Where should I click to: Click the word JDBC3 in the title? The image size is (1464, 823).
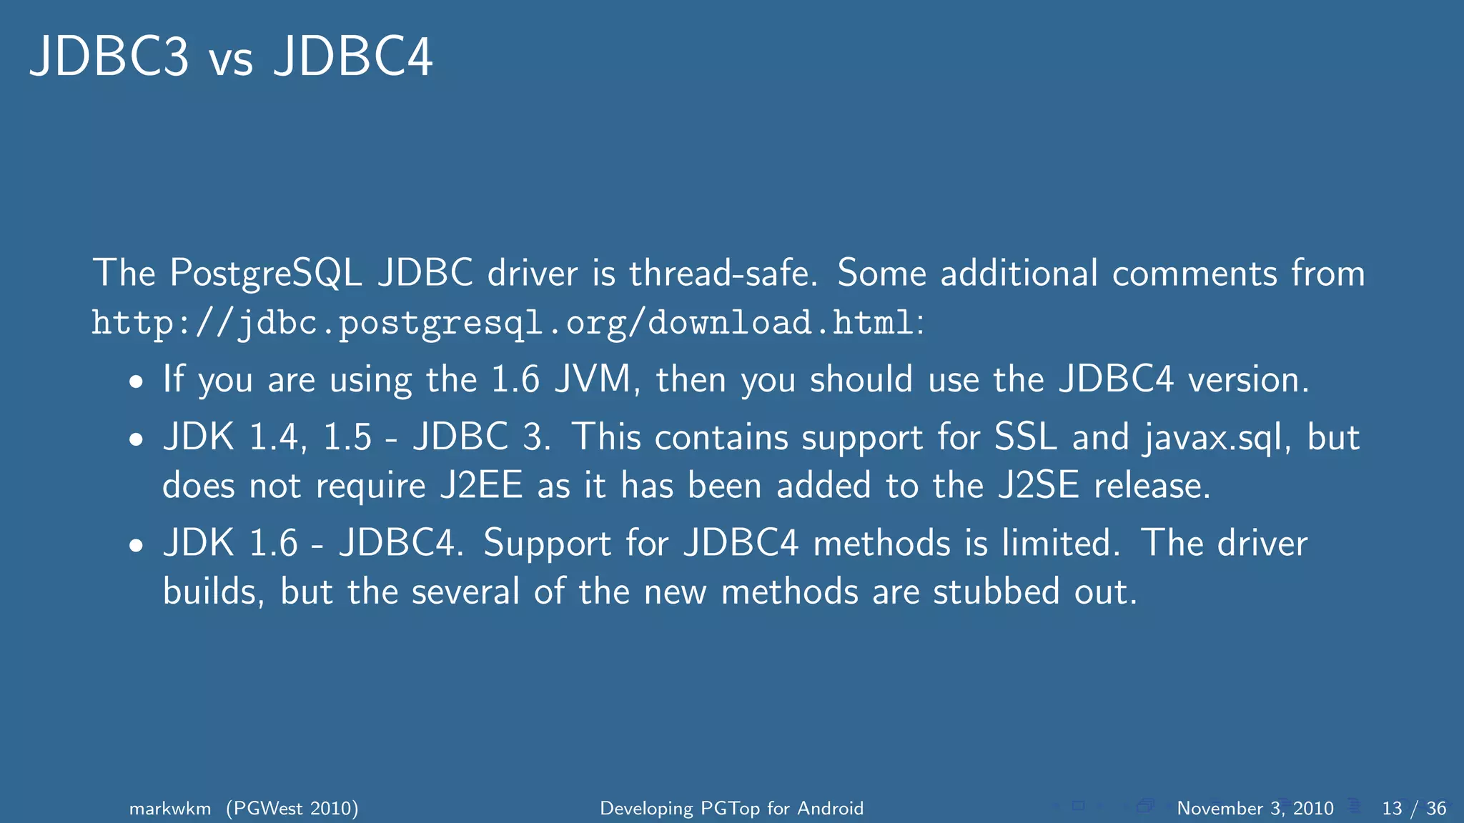click(109, 56)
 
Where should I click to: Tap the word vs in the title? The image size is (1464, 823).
click(231, 60)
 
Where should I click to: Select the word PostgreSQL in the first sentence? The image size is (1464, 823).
click(265, 274)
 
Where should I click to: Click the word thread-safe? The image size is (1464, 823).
click(723, 274)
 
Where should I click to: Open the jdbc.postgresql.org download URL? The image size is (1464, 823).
click(503, 323)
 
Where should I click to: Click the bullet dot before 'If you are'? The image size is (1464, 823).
click(137, 382)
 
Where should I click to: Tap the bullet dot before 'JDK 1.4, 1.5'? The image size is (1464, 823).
click(137, 440)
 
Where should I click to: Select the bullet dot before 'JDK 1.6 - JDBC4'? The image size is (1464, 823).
click(137, 547)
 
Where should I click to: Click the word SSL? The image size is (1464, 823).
click(1026, 437)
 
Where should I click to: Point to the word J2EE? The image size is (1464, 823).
click(481, 486)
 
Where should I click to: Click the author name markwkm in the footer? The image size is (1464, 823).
click(170, 809)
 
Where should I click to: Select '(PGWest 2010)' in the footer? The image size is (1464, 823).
click(292, 809)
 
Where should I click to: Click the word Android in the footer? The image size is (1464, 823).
click(830, 809)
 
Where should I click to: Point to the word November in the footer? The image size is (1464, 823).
click(1220, 809)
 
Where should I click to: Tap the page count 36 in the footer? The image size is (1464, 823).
click(1436, 809)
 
